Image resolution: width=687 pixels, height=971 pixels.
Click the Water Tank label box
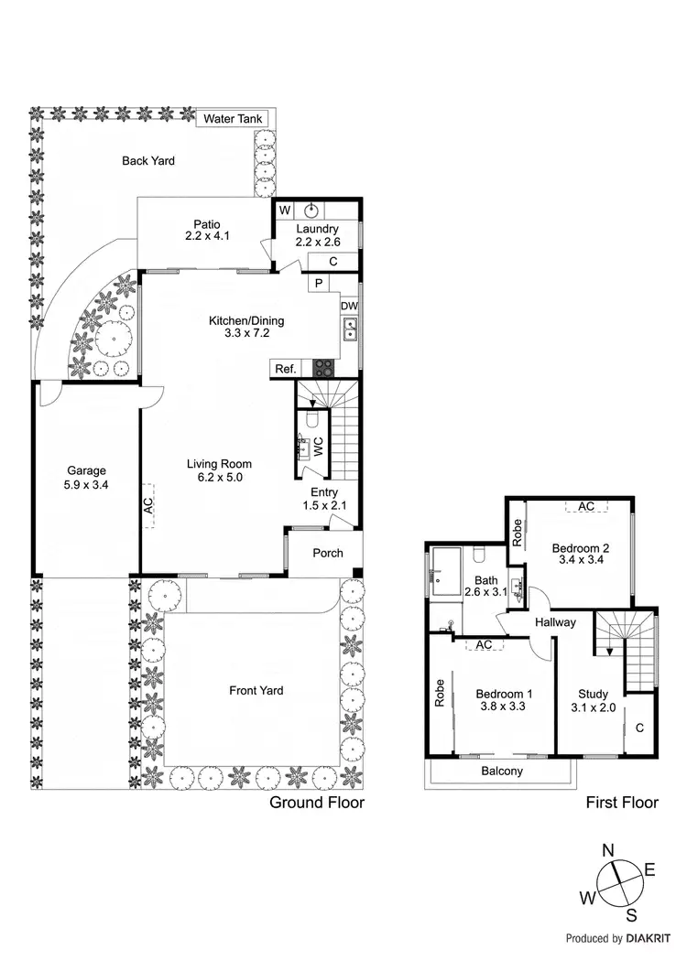(233, 119)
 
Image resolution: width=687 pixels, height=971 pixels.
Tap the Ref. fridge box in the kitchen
(284, 369)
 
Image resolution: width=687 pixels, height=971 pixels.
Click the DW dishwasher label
(349, 306)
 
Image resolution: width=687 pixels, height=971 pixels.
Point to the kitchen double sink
(350, 329)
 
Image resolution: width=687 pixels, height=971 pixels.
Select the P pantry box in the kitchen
(319, 284)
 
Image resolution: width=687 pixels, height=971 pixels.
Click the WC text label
(319, 447)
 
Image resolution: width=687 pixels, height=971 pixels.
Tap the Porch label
(328, 553)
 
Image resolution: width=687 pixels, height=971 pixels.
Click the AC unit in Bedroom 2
(586, 506)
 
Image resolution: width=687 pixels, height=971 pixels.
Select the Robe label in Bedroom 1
(441, 690)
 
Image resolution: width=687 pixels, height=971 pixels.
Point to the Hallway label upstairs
(556, 622)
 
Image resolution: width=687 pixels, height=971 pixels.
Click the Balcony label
(502, 771)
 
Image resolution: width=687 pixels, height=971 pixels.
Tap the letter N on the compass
(608, 850)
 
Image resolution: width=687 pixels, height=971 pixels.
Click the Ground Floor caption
(316, 803)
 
